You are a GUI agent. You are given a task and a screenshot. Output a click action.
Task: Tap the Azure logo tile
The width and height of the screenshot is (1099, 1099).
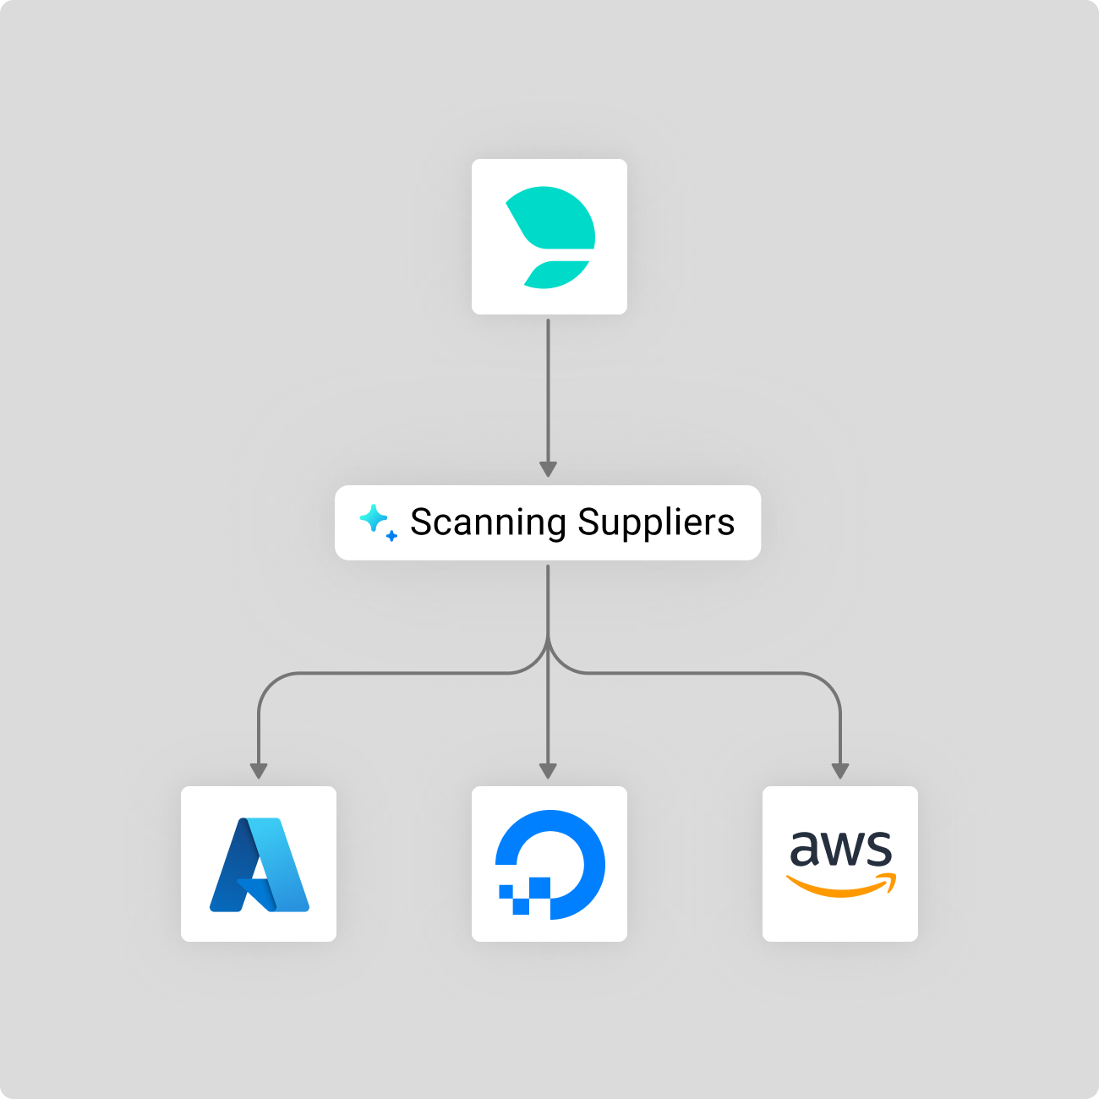point(259,864)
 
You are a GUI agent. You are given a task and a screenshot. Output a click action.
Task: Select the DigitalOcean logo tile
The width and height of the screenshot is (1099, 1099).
point(549,864)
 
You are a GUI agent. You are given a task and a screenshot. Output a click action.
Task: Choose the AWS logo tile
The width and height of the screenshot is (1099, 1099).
point(840,864)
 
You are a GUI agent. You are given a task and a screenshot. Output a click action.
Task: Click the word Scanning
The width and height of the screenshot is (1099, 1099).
point(488,522)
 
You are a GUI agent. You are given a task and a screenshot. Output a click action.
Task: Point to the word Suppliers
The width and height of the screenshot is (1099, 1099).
point(656,522)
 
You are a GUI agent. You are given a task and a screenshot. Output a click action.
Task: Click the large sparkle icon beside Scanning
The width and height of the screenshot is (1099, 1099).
point(372,517)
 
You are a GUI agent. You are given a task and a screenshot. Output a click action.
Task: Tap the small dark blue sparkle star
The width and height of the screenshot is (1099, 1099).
point(391,536)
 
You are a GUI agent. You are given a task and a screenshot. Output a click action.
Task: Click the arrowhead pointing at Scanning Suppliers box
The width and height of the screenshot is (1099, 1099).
point(548,469)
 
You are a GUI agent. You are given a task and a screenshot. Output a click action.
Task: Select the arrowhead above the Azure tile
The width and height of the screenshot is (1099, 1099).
point(259,770)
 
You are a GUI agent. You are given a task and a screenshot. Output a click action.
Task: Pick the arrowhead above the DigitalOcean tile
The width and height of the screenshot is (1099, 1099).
point(548,770)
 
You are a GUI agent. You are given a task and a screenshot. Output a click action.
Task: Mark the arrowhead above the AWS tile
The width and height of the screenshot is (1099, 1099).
point(839,770)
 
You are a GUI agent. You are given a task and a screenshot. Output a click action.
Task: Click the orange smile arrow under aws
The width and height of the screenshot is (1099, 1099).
point(841,886)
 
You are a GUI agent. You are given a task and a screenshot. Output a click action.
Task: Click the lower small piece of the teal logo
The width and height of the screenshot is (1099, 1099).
point(556,274)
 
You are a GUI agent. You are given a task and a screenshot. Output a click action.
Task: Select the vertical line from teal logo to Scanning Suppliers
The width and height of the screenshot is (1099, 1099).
point(548,389)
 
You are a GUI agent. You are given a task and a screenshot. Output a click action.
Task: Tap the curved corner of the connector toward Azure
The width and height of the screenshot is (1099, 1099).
point(270,683)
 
